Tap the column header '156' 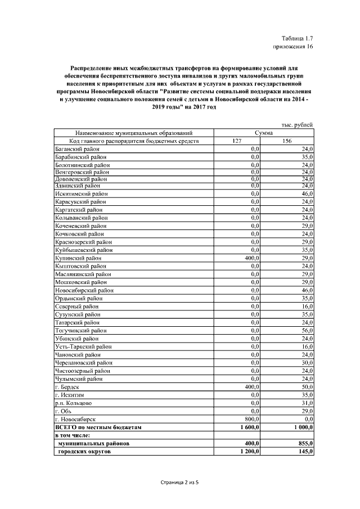coord(287,141)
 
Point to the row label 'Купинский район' coord(77,257)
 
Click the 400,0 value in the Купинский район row coord(250,257)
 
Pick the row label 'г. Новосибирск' coord(75,419)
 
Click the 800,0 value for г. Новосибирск coord(250,419)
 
